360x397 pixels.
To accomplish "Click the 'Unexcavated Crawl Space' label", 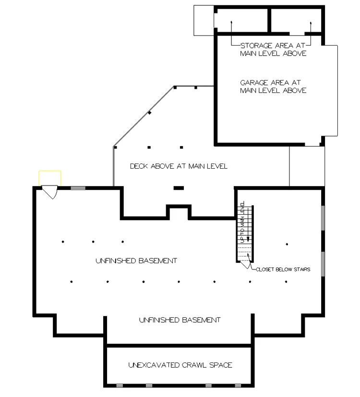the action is click(x=180, y=365).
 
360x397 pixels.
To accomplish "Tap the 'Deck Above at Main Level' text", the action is click(x=179, y=166).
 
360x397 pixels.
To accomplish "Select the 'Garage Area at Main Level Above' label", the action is click(x=273, y=86).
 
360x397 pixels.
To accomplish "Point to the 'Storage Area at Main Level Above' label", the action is click(x=273, y=49).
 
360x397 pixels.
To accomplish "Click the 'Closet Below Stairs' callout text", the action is click(x=283, y=269).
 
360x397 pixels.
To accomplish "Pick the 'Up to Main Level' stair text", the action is click(x=242, y=222).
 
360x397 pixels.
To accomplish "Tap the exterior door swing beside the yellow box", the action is click(x=50, y=192).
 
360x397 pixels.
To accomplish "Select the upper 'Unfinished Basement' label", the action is click(x=136, y=260).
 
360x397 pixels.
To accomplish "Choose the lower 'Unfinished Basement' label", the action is click(x=180, y=320).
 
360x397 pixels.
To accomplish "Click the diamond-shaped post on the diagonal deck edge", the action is click(x=150, y=112).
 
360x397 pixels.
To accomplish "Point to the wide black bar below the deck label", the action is click(x=179, y=188).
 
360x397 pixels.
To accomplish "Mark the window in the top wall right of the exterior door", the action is click(x=78, y=188).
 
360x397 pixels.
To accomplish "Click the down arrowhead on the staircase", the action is click(x=248, y=239).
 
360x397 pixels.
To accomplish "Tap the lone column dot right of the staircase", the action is click(x=287, y=245).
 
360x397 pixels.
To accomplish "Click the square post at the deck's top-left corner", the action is click(x=175, y=88).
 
